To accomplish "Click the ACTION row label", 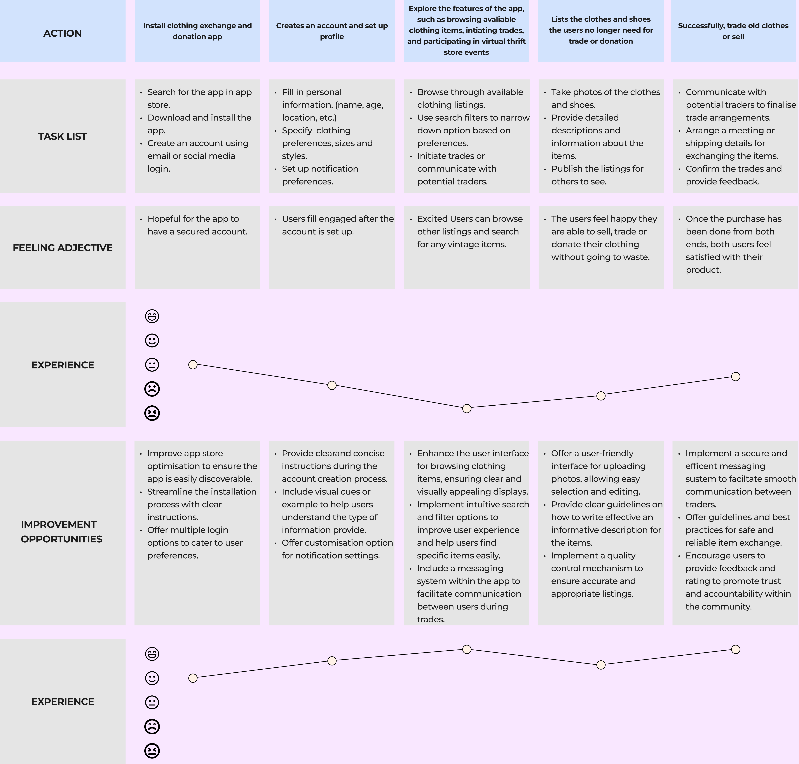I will (62, 33).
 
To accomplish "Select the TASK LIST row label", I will (62, 136).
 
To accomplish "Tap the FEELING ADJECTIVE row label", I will (62, 248).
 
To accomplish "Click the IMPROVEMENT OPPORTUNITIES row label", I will (61, 531).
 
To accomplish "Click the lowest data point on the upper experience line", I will (467, 408).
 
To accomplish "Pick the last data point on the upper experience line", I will (735, 377).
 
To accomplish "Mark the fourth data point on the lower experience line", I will (601, 665).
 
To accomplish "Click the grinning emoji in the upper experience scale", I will (152, 316).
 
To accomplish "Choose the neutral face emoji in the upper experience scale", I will (152, 365).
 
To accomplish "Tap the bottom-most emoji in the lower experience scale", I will (152, 751).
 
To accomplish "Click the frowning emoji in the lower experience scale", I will (152, 727).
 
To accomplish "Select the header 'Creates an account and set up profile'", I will (332, 31).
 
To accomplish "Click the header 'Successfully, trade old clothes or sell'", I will (733, 31).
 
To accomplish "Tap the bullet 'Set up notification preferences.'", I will (320, 175).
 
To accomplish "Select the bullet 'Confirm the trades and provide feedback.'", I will (733, 175).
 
